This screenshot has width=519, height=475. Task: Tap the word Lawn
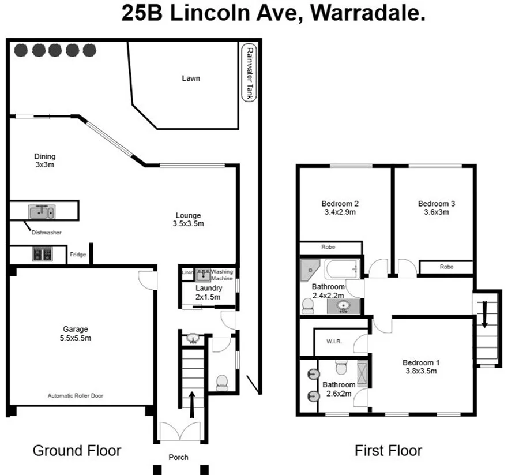[191, 78]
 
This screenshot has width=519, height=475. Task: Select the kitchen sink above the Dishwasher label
[41, 212]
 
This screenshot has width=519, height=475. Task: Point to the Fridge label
[77, 254]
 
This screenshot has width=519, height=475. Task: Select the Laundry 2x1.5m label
[208, 293]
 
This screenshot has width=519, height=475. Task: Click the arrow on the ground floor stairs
[192, 398]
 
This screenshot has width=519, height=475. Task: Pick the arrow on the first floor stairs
[484, 317]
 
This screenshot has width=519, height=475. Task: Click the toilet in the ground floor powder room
[221, 382]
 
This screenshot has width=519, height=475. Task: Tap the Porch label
[178, 457]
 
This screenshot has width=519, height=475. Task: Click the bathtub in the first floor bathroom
[343, 269]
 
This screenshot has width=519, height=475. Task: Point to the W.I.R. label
[334, 341]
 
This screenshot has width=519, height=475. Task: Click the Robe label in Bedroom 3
[446, 267]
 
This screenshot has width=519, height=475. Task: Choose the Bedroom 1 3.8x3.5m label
[421, 366]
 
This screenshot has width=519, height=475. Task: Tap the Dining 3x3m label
[44, 160]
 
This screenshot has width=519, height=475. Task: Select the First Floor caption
[388, 450]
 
